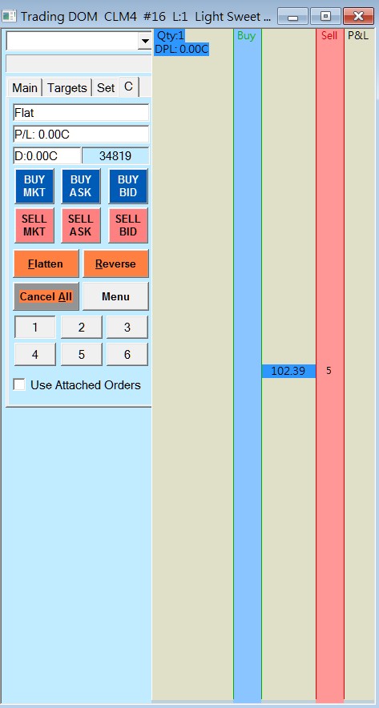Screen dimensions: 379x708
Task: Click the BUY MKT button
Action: [34, 186]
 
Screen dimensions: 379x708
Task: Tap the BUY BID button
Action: [128, 186]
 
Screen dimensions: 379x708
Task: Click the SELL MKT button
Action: [34, 225]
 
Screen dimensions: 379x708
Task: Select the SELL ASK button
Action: [81, 225]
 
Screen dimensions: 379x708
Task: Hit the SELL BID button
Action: [128, 225]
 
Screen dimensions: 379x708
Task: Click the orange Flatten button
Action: [46, 263]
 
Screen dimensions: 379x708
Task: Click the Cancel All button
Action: [46, 296]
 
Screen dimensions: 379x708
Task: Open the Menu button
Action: [115, 296]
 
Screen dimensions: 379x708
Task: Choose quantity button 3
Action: [127, 328]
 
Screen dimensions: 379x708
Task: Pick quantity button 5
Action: [81, 355]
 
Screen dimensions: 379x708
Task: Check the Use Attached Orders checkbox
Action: [19, 384]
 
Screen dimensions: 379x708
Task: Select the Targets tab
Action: [67, 87]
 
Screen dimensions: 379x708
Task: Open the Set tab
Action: [105, 87]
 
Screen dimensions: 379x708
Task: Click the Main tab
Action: [25, 87]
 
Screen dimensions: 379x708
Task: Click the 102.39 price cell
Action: [288, 371]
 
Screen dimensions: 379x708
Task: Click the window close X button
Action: [358, 16]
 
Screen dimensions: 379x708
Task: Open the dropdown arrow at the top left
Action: [145, 41]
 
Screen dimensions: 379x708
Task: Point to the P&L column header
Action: [358, 36]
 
